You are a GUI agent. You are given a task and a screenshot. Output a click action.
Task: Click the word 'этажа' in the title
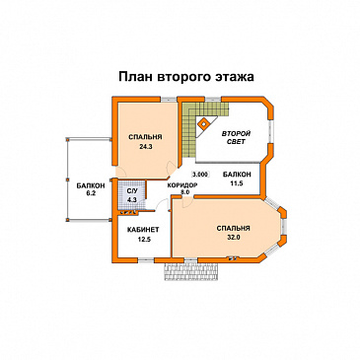pyautogui.click(x=233, y=75)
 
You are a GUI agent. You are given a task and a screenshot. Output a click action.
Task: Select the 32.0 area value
pyautogui.click(x=233, y=237)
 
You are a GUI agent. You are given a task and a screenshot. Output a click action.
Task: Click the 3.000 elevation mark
pyautogui.click(x=200, y=174)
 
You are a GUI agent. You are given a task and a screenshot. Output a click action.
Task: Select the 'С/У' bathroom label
pyautogui.click(x=132, y=193)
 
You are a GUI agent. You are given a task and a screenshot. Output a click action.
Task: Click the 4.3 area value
pyautogui.click(x=132, y=202)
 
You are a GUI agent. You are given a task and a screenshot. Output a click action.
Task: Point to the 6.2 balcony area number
pyautogui.click(x=91, y=194)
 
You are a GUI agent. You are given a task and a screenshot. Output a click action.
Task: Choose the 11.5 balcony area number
pyautogui.click(x=236, y=182)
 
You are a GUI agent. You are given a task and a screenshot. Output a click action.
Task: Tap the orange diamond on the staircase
pyautogui.click(x=204, y=123)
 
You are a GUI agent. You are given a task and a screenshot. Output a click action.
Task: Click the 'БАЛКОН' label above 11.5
pyautogui.click(x=236, y=174)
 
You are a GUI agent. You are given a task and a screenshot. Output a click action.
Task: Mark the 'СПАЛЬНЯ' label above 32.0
pyautogui.click(x=233, y=228)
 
